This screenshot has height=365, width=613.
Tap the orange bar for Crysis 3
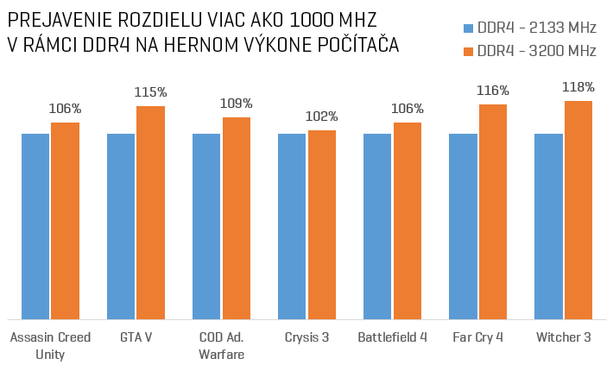(322, 224)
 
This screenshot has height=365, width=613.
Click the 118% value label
(578, 87)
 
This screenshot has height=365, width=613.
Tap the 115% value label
(150, 91)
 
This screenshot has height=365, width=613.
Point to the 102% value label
(322, 116)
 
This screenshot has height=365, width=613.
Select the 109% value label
(237, 104)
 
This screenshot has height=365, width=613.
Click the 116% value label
(493, 90)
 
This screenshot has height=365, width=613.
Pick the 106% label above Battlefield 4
(408, 109)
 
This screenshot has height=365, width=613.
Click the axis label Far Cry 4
(478, 337)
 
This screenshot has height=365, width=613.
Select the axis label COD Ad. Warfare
(222, 345)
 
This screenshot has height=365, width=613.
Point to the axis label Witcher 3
(564, 337)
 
